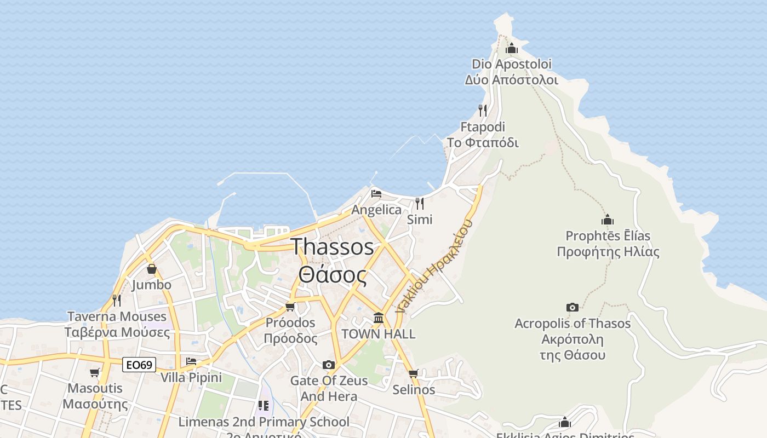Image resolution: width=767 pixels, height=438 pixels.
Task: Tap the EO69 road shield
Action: pyautogui.click(x=139, y=365)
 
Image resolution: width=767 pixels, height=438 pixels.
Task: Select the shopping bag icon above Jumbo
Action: pyautogui.click(x=151, y=269)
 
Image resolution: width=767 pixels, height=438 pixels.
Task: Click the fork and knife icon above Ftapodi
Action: pyautogui.click(x=482, y=111)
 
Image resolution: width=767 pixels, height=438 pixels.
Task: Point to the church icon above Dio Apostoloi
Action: pyautogui.click(x=512, y=48)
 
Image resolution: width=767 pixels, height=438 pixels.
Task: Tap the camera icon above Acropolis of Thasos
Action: pyautogui.click(x=572, y=307)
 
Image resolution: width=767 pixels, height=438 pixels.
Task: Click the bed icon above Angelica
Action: pyautogui.click(x=376, y=194)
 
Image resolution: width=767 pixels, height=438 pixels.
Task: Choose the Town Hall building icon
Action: pyautogui.click(x=378, y=318)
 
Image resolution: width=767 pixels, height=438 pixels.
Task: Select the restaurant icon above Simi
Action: pyautogui.click(x=420, y=204)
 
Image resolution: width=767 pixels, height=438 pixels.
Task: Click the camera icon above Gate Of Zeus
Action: pyautogui.click(x=328, y=365)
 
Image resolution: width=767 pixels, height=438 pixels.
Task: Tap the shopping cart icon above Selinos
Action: pyautogui.click(x=413, y=374)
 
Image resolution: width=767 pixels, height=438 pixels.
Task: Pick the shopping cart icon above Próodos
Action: pyautogui.click(x=290, y=307)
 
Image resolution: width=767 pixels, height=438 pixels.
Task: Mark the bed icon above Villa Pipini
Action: pyautogui.click(x=191, y=361)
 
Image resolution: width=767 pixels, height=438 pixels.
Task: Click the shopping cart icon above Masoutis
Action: pyautogui.click(x=94, y=373)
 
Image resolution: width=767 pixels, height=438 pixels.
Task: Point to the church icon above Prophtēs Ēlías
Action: pyautogui.click(x=608, y=220)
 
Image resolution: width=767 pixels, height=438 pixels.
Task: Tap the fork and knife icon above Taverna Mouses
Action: pyautogui.click(x=116, y=300)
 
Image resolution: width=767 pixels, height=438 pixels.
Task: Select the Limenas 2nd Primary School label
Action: pyautogui.click(x=264, y=422)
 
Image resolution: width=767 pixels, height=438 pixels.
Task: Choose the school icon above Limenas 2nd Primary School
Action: pyautogui.click(x=264, y=406)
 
